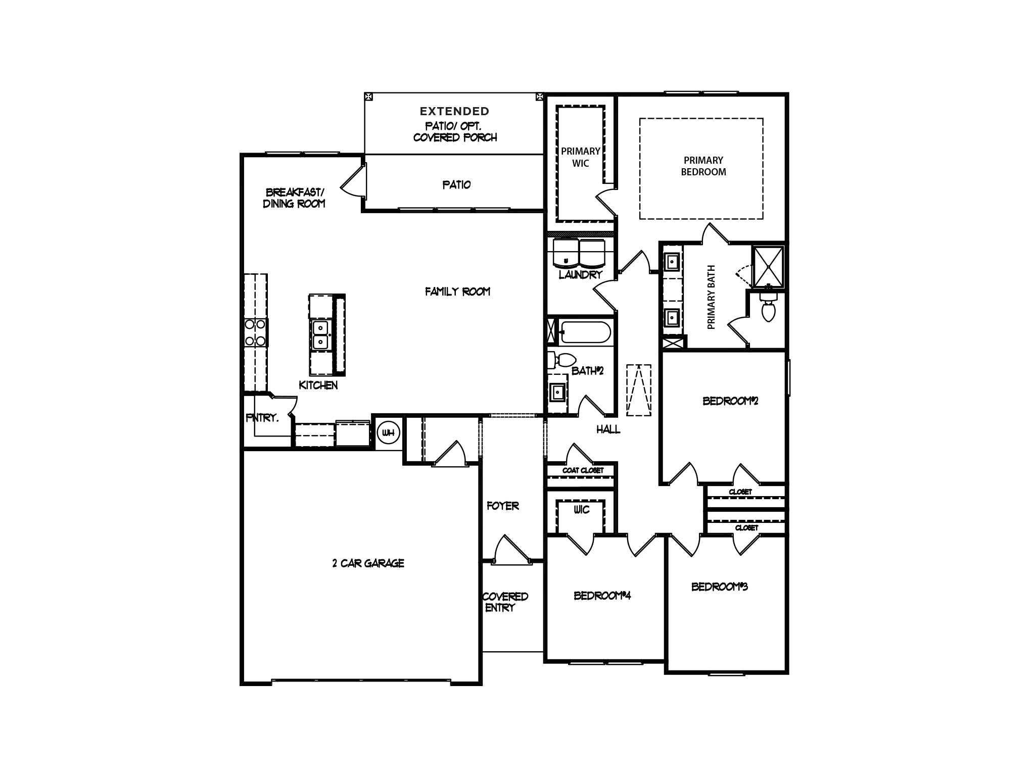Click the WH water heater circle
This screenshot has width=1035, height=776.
click(388, 432)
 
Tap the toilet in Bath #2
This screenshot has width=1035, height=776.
click(563, 360)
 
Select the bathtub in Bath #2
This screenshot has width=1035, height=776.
click(585, 332)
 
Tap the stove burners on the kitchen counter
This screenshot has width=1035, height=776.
click(255, 333)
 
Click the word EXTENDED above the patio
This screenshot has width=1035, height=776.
click(454, 111)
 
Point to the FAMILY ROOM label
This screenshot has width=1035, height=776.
click(457, 292)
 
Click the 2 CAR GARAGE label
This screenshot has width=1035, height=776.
click(368, 563)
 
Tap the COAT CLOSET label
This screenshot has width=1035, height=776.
click(583, 470)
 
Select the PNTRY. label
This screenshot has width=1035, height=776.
click(262, 418)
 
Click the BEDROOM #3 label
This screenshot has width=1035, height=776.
click(719, 587)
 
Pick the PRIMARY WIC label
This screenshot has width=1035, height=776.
click(580, 157)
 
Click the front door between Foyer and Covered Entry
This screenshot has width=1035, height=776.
click(511, 551)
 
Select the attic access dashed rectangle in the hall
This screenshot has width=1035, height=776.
click(638, 391)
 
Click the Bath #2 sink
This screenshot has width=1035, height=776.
click(558, 392)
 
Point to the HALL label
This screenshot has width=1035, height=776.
click(608, 429)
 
